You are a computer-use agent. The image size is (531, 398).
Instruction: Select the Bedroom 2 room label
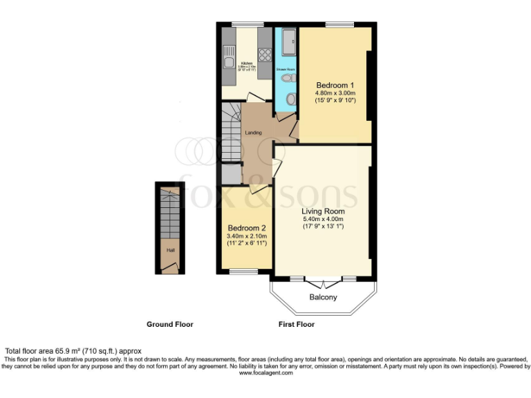pos(247,227)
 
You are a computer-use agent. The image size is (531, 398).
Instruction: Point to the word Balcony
pos(323,297)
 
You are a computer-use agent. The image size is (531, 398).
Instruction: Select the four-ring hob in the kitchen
pos(264,53)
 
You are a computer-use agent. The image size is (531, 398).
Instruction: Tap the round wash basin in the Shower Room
pos(290,101)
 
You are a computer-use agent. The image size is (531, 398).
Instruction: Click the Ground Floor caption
pos(169,324)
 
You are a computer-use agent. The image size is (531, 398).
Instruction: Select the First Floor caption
pos(295,324)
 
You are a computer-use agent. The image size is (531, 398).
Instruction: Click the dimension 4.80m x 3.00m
pos(335,93)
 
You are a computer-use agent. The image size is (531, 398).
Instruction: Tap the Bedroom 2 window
pos(243,272)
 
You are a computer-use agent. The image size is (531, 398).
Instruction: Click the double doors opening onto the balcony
pos(323,282)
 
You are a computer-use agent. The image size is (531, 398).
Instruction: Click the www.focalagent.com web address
pos(265,373)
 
